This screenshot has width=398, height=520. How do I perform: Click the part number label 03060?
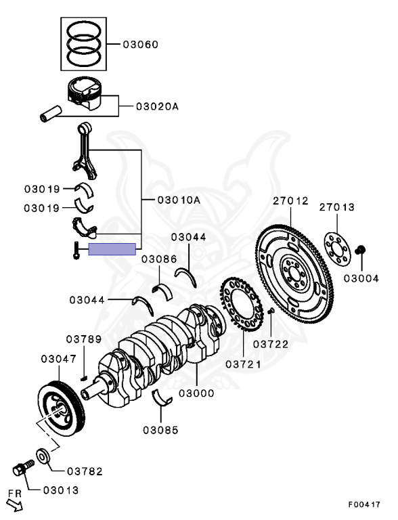point(140,45)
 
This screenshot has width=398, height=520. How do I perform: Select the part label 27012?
point(290,201)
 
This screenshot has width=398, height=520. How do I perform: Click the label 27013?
point(336,207)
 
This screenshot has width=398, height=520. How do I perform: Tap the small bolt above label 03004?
point(360,251)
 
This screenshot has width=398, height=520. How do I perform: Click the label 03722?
point(271,344)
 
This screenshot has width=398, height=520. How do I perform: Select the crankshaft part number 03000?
point(196,393)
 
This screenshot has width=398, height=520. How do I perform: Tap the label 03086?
point(159,259)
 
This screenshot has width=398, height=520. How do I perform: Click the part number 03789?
point(83,339)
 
